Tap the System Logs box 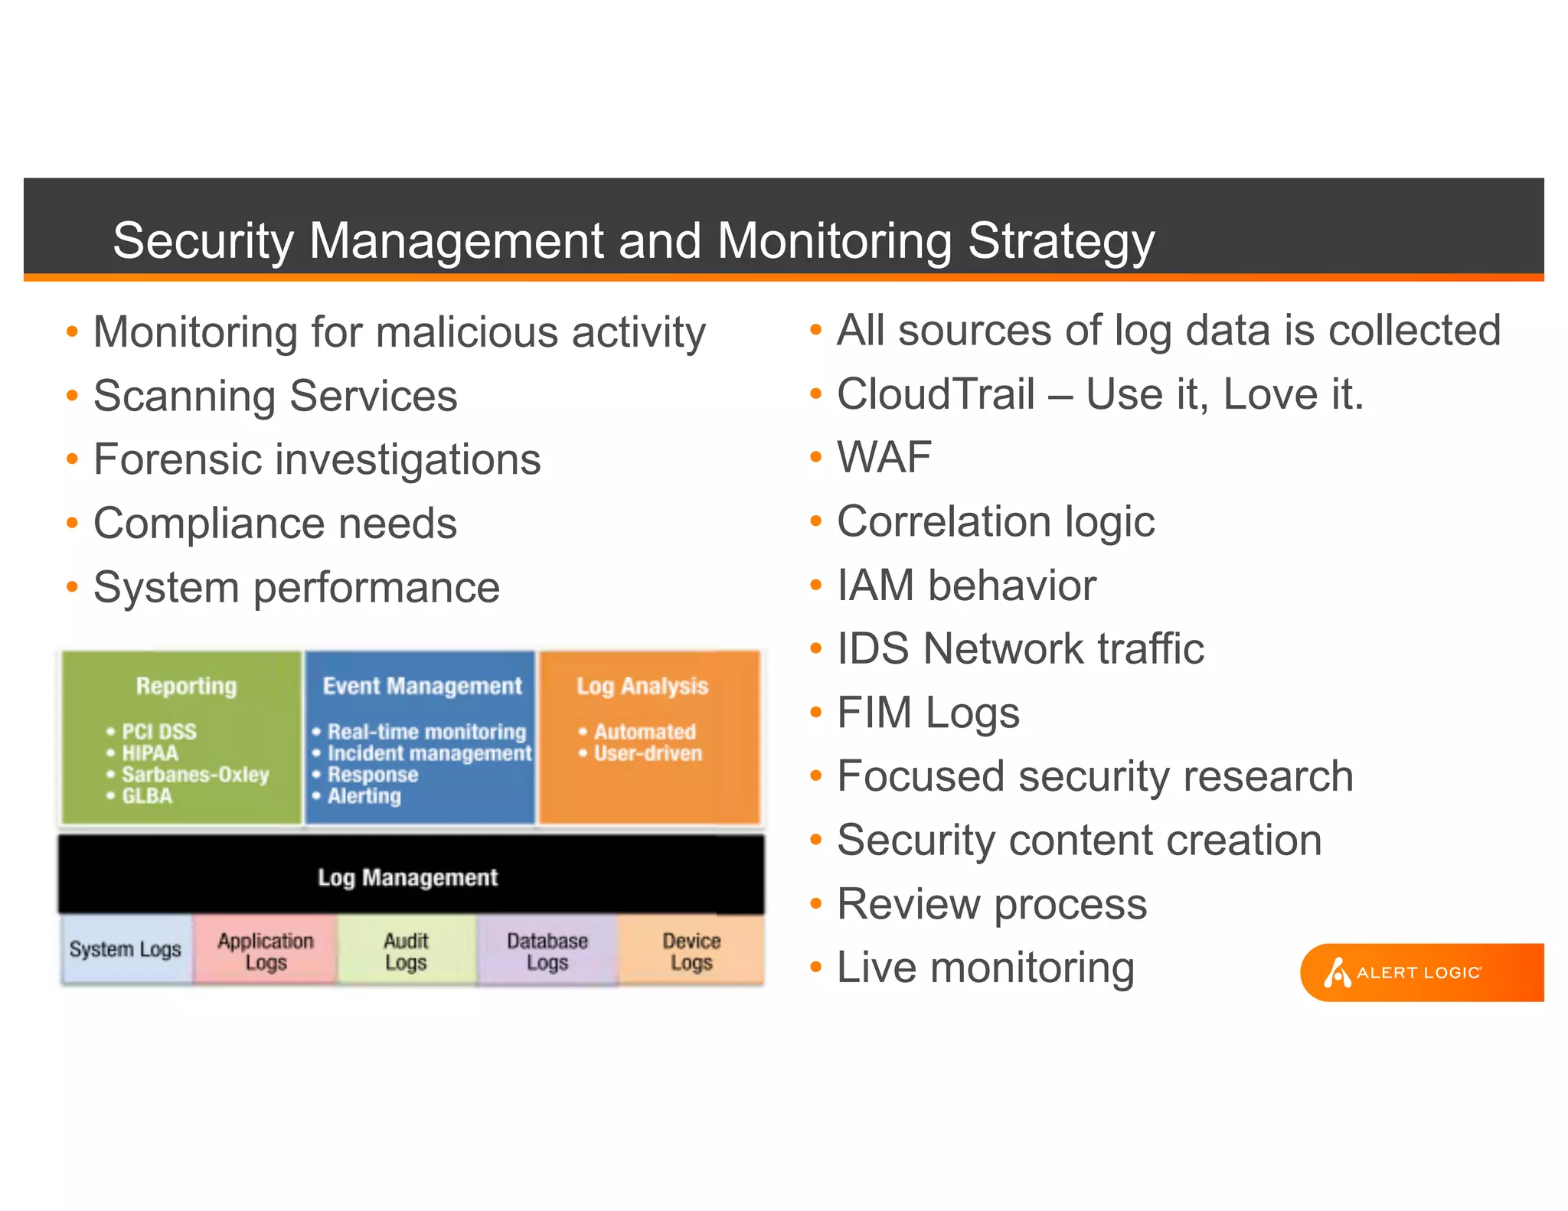126,949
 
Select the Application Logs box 266,951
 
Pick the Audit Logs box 406,951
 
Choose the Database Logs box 547,951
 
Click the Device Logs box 691,951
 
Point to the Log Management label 407,877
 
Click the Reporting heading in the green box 186,686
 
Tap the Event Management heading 422,686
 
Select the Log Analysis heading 642,686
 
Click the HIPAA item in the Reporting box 150,753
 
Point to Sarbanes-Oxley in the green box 195,775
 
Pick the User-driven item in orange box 648,753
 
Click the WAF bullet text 884,458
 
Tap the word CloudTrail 936,394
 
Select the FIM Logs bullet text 928,713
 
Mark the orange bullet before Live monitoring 815,968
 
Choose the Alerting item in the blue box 364,796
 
